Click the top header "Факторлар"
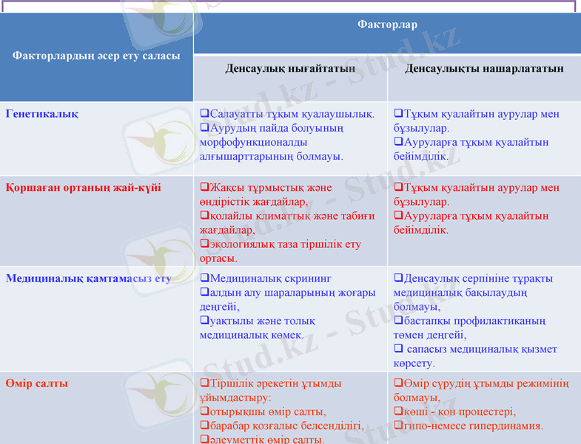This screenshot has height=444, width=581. pos(386,25)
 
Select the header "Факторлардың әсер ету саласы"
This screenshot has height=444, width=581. pos(96,55)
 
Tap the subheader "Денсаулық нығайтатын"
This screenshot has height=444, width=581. pos(290,69)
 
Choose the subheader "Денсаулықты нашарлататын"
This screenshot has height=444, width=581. pos(484,69)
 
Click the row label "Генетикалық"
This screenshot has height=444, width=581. pos(42,114)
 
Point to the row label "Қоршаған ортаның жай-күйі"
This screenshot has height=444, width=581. pos(83,188)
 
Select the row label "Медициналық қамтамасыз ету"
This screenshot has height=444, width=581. pos(88,279)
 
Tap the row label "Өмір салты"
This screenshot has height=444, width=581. pos(37,384)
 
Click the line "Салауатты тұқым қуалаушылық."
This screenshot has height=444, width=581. pos(292,114)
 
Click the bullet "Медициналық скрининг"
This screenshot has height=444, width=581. pos(270,279)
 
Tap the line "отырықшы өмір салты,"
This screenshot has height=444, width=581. pos(268,412)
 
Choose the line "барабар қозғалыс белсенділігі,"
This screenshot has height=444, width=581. pos(286,426)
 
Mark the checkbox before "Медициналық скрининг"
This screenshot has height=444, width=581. pos(204,279)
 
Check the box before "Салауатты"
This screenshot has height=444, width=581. pos(204,114)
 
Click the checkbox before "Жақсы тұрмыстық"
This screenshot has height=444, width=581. pos(204,188)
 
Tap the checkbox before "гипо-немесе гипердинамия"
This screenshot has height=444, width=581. pos(398,426)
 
